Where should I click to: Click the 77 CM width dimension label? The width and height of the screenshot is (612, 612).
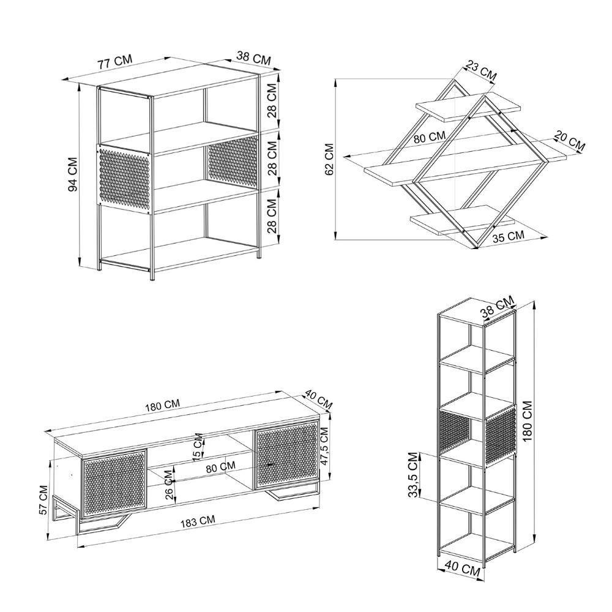(x=116, y=62)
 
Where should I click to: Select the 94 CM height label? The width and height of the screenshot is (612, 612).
(x=73, y=174)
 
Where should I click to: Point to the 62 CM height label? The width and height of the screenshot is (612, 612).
(x=329, y=159)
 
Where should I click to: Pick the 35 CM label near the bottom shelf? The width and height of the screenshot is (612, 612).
(x=508, y=236)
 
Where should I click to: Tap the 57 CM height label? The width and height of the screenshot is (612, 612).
(x=43, y=499)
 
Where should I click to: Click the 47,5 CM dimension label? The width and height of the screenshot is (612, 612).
(x=324, y=446)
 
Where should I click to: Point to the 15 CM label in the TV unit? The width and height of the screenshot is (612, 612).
(x=198, y=445)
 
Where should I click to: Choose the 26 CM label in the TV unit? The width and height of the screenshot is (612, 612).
(x=169, y=485)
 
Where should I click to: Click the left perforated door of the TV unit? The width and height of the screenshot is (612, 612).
(x=114, y=484)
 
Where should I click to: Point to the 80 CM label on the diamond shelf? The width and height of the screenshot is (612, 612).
(x=430, y=137)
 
